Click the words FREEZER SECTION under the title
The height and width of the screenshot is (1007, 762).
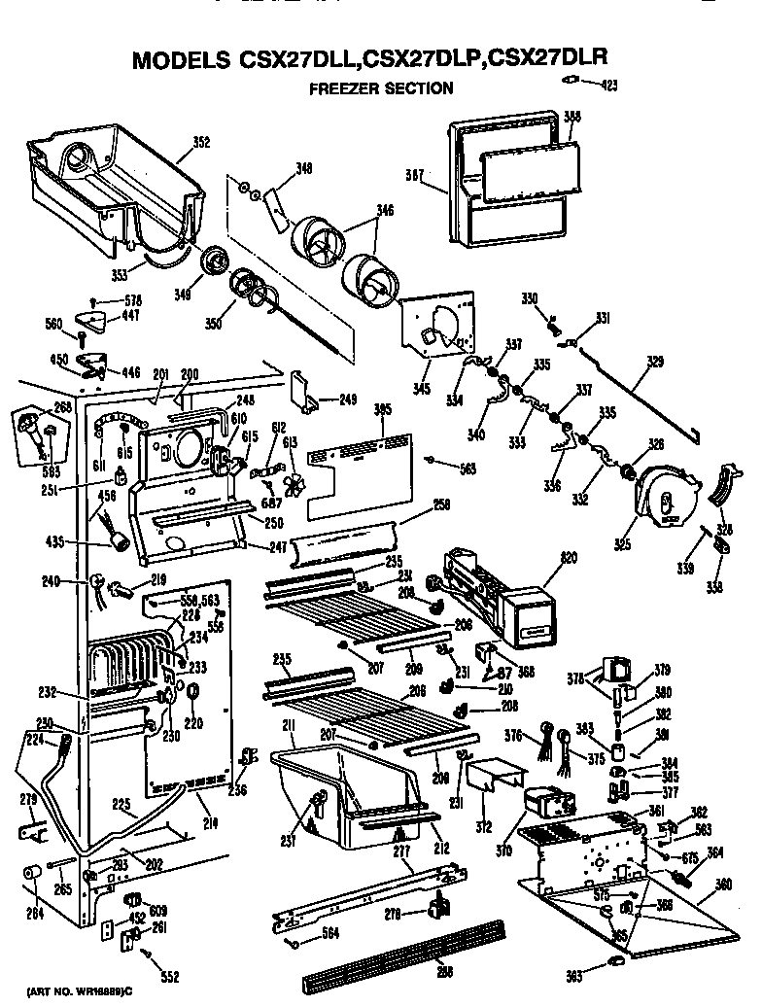point(381,88)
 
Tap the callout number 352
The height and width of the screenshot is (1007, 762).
point(200,143)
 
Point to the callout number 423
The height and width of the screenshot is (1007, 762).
point(607,86)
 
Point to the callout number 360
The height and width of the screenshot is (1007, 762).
point(723,885)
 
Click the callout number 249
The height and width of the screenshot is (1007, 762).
point(347,399)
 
